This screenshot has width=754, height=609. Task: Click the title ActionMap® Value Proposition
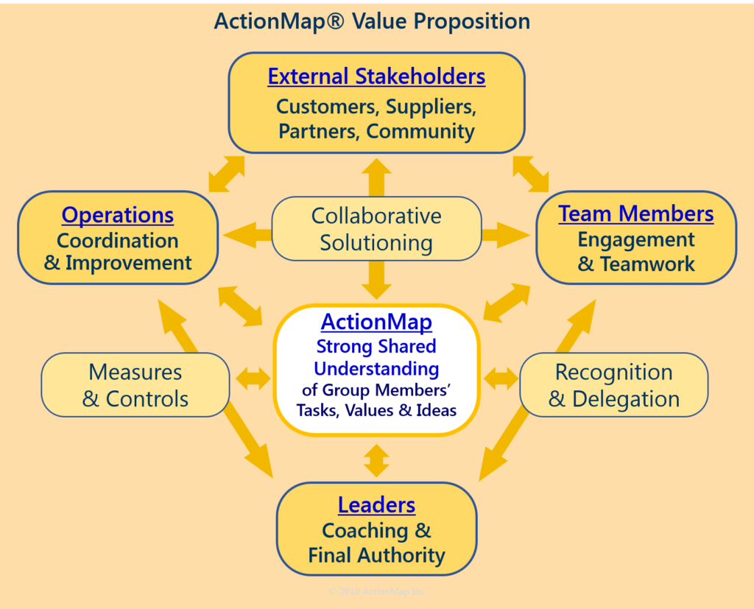pos(372,21)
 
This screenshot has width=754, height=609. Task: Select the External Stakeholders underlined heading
pos(376,77)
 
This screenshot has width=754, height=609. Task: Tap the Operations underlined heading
pos(118,215)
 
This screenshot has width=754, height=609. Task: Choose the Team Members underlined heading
pos(635,214)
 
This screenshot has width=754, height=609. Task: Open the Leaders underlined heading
pos(376,505)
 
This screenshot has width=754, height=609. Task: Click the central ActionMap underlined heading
pos(376,322)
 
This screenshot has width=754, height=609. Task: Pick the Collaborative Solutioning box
pos(376,229)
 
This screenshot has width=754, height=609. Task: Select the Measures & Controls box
pos(135,385)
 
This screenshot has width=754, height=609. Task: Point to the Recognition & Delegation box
pos(613,385)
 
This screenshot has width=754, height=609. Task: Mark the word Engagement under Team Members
pos(635,239)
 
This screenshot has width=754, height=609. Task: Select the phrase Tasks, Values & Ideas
pos(376,410)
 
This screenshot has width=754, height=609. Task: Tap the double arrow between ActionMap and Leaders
pos(376,460)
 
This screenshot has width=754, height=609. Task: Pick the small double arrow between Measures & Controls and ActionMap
pos(253,379)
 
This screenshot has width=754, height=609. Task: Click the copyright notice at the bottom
pos(376,591)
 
